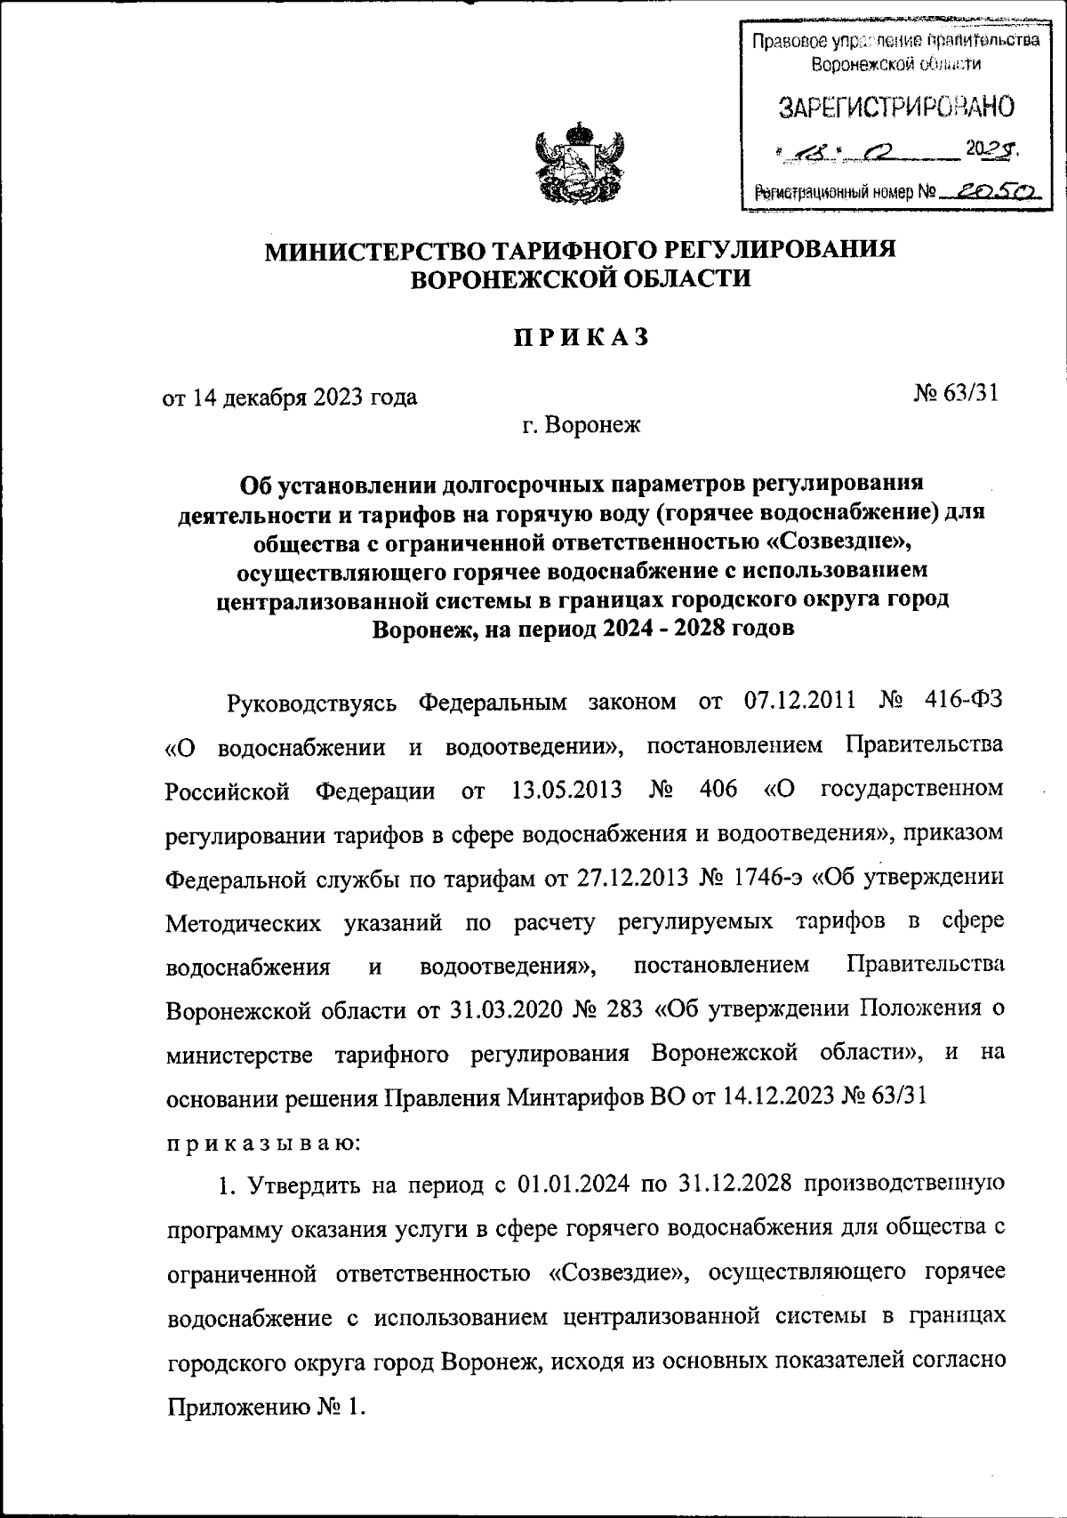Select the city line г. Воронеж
581,426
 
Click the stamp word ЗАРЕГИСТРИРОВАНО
895,108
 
